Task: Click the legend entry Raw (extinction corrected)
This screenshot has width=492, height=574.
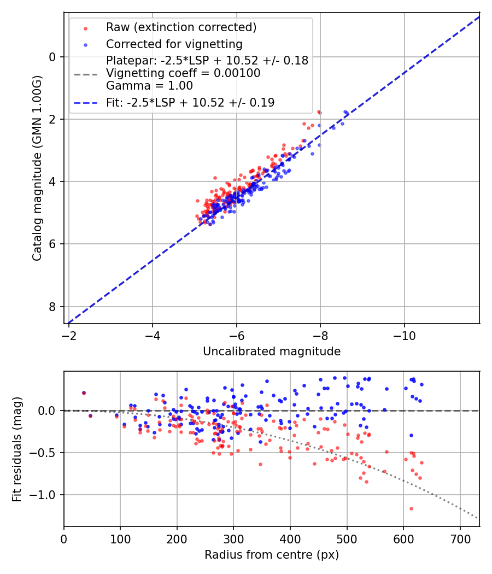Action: coord(181,27)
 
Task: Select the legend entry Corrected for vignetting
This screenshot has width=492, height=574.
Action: coord(174,44)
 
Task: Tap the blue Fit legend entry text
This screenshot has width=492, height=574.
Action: coord(190,102)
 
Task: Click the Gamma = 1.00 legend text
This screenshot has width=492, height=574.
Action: coord(149,86)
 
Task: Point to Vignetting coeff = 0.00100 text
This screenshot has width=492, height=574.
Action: coord(183,73)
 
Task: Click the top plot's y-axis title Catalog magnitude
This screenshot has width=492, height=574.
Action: coord(37,168)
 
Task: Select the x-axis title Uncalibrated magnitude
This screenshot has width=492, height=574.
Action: coord(272,352)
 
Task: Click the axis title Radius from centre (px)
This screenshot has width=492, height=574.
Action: coord(272,555)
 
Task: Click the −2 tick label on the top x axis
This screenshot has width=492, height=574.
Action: coord(69,334)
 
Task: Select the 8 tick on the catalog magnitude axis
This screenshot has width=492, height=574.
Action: coord(53,307)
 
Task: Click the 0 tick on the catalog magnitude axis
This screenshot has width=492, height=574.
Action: coord(53,57)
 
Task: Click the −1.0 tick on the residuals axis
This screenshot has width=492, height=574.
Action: coord(46,495)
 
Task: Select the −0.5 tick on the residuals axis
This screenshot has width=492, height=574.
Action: coord(46,453)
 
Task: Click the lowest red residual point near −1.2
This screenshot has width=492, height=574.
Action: coord(411,508)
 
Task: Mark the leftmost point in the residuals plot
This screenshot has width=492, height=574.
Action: coord(84,393)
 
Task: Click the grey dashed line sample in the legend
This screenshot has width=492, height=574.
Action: coord(85,73)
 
